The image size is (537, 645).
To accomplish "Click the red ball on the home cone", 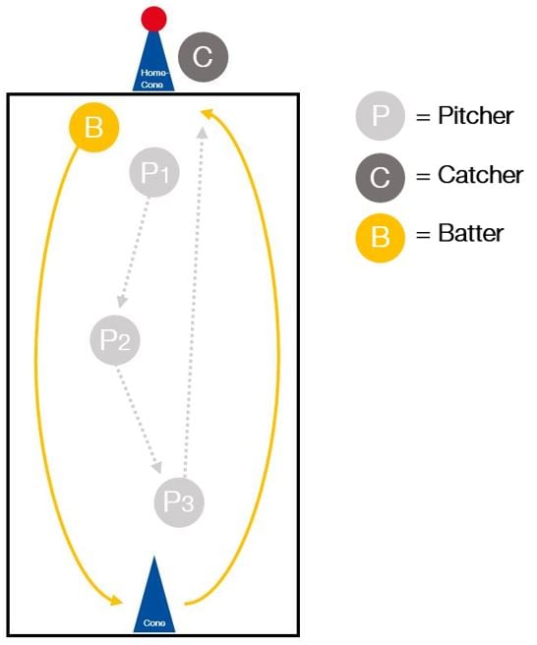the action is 153,19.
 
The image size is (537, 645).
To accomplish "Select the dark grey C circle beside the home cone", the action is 203,57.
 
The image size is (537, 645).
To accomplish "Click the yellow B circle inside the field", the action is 93,127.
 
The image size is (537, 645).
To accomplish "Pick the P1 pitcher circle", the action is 154,172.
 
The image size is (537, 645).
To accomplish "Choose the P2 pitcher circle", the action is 115,340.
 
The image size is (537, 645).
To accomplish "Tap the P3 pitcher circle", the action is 179,502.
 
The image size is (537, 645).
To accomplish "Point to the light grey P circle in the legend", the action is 381,116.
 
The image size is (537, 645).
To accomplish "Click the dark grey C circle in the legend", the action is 381,178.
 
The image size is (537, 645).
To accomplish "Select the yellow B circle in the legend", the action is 381,238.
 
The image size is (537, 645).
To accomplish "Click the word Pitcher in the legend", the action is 476,116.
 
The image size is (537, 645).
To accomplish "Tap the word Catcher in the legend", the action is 481,175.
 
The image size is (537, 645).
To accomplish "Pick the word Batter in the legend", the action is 471,234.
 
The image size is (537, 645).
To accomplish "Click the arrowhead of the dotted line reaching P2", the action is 121,302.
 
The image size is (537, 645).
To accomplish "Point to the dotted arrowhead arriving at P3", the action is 156,468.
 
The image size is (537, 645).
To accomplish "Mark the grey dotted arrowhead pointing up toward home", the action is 202,132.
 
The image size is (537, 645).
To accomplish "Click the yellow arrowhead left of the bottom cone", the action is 116,600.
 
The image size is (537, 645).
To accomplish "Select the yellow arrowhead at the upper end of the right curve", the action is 207,113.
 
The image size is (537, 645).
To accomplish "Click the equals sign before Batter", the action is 423,235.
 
